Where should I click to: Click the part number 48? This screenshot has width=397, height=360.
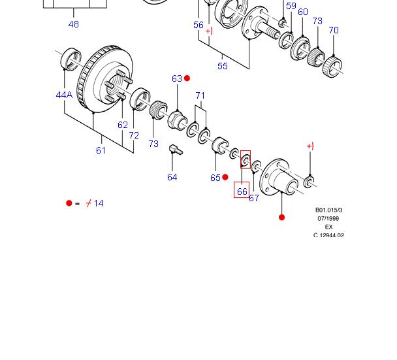click(x=73, y=24)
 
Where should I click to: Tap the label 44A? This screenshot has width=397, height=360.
click(x=64, y=95)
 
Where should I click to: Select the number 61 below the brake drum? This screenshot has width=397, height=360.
click(x=101, y=150)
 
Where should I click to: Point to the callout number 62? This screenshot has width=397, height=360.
click(x=123, y=125)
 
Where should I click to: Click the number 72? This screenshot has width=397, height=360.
click(x=134, y=135)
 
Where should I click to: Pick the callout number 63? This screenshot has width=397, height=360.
click(x=176, y=78)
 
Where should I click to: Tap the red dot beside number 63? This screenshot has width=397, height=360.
click(x=187, y=78)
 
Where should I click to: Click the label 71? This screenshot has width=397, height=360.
click(x=200, y=95)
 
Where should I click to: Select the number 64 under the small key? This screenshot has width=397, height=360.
click(x=172, y=177)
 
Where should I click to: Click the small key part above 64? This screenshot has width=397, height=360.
click(x=175, y=150)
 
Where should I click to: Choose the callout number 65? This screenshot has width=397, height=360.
click(x=215, y=178)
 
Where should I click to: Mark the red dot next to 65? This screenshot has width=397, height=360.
click(x=225, y=177)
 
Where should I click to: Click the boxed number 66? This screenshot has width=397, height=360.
click(x=242, y=191)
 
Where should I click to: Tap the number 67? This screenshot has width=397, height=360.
click(x=253, y=198)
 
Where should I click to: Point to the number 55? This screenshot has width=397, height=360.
click(x=223, y=65)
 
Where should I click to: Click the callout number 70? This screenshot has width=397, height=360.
click(x=334, y=30)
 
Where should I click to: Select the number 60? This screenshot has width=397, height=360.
click(x=302, y=12)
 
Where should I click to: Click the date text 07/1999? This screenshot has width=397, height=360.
click(x=328, y=218)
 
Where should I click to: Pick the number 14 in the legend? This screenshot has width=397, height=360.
click(x=99, y=203)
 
